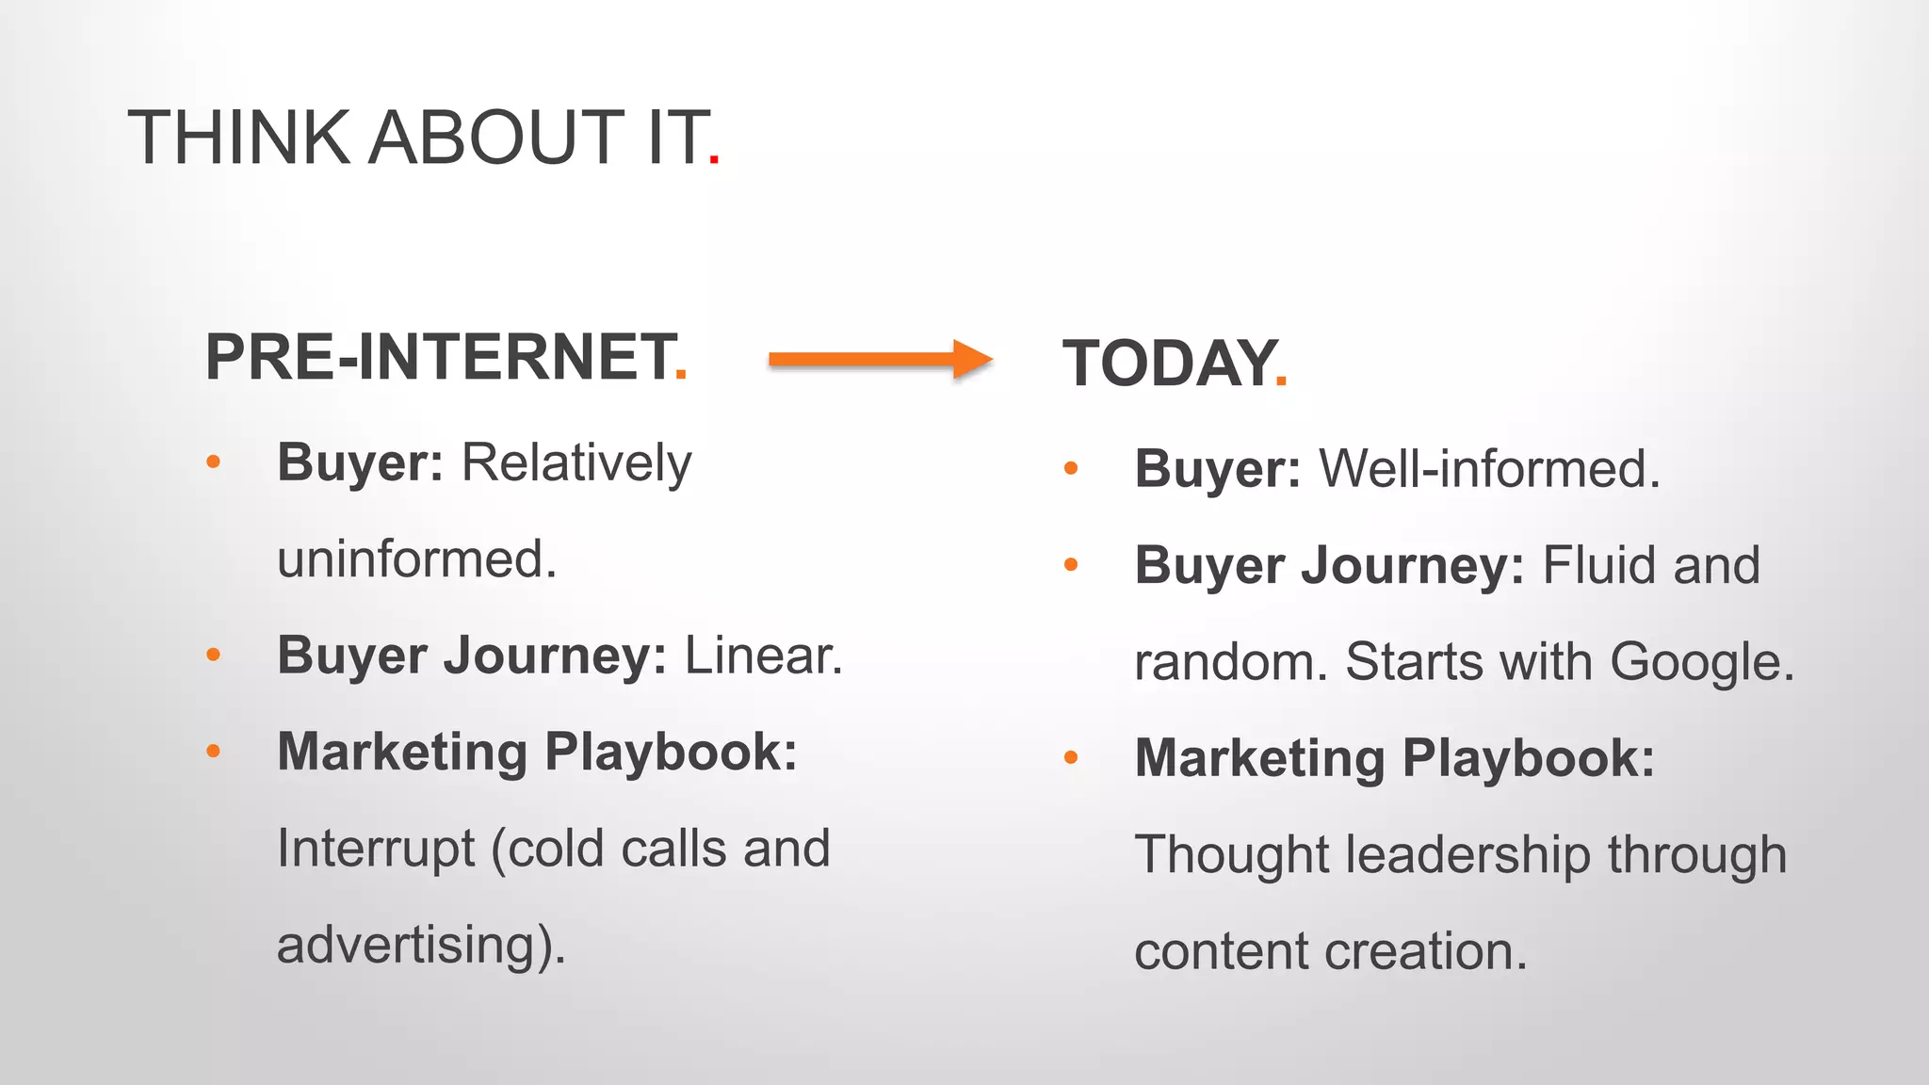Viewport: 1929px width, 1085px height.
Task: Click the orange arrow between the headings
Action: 881,359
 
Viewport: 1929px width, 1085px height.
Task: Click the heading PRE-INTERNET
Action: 440,357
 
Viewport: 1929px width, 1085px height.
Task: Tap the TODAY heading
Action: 1169,364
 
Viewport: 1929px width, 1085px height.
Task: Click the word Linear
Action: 762,656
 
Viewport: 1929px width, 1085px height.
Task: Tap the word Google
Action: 1700,661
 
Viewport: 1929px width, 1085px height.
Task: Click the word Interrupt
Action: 376,848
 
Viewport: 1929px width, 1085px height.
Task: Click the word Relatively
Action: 576,463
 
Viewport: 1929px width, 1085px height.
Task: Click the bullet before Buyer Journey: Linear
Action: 214,654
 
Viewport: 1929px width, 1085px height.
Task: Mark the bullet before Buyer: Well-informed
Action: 1071,467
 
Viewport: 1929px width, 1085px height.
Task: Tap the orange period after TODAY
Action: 1281,381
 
